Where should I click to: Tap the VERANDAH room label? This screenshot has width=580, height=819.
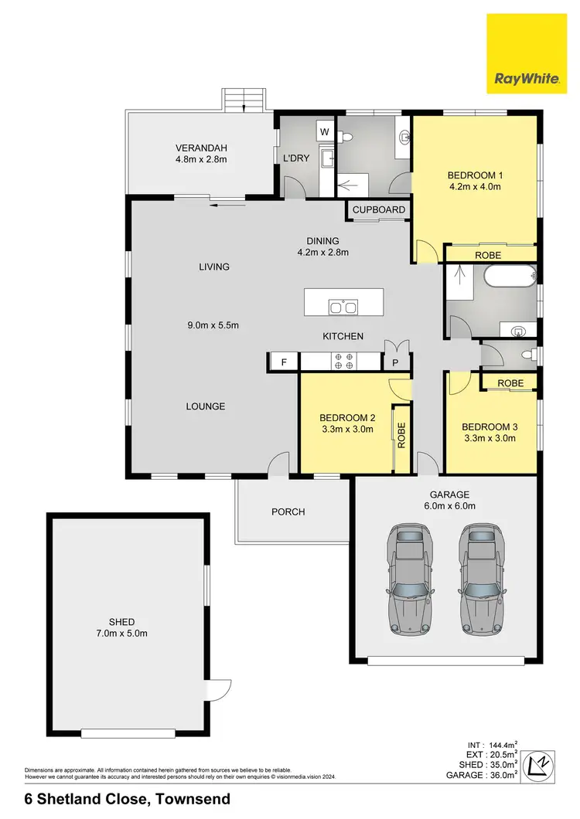pyautogui.click(x=201, y=148)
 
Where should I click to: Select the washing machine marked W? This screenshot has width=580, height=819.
pyautogui.click(x=324, y=132)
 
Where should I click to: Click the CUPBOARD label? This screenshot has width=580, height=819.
pyautogui.click(x=379, y=210)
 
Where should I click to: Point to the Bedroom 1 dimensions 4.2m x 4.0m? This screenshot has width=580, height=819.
pyautogui.click(x=475, y=186)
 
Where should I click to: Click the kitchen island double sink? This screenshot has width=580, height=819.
pyautogui.click(x=343, y=308)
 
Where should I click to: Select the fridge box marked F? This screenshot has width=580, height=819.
pyautogui.click(x=284, y=362)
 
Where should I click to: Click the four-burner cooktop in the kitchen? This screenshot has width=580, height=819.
pyautogui.click(x=343, y=361)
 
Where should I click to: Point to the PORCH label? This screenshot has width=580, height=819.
pyautogui.click(x=288, y=511)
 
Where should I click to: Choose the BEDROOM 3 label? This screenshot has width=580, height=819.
pyautogui.click(x=489, y=426)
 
